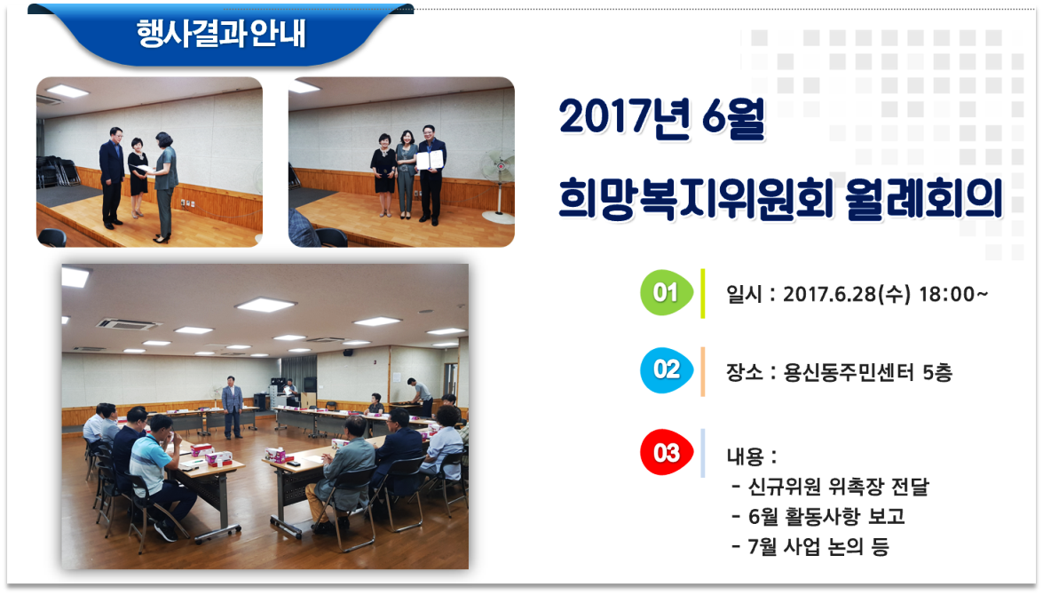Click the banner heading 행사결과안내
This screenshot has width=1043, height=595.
click(x=221, y=33)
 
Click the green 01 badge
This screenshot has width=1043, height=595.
click(x=666, y=293)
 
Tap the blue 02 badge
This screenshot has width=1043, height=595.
click(x=666, y=370)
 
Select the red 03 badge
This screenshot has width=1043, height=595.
click(x=666, y=453)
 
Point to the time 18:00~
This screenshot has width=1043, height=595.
click(x=953, y=294)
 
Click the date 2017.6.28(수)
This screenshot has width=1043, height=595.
click(x=847, y=294)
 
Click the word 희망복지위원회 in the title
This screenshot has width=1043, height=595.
click(x=695, y=198)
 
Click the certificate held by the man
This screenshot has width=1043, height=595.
click(x=430, y=160)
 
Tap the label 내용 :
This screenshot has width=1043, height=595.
click(x=752, y=456)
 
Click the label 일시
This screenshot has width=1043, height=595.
click(x=744, y=294)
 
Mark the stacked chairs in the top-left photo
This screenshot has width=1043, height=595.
click(x=57, y=171)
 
